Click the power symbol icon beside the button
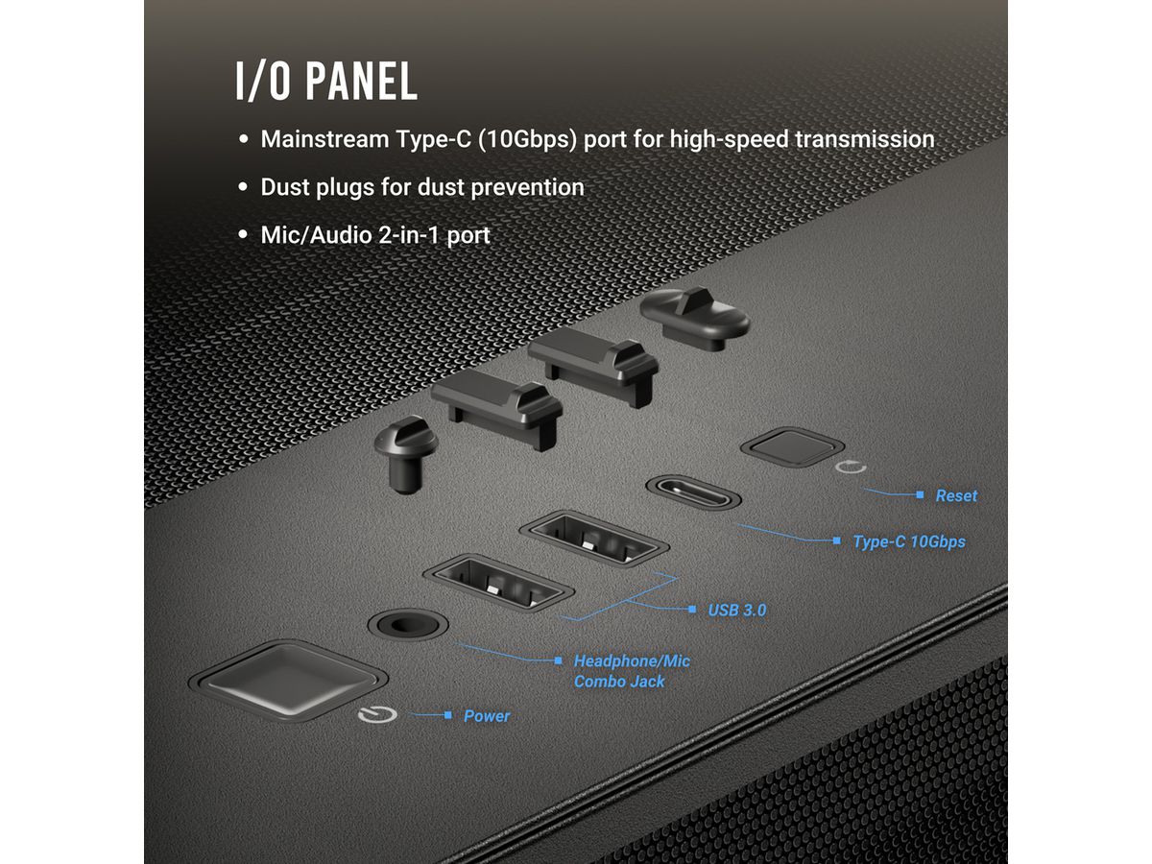[x=372, y=715]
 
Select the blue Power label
[x=487, y=716]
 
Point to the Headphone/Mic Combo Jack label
[x=631, y=671]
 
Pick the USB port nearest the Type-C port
[x=593, y=540]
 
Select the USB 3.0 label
[x=736, y=610]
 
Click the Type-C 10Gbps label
[x=908, y=541]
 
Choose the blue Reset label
[x=955, y=495]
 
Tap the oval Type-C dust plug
[x=694, y=316]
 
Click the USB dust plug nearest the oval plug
[x=593, y=359]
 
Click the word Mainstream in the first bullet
[x=324, y=139]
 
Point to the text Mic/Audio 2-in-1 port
[x=374, y=235]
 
